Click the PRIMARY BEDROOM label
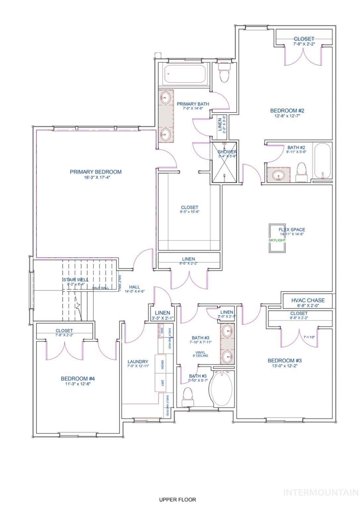pos(95,172)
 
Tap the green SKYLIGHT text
pos(277,240)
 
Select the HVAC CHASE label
pos(308,300)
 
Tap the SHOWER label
pos(227,152)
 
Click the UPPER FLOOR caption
pos(177,499)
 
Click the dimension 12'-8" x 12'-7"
pos(287,116)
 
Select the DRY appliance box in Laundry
pos(162,383)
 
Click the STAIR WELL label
pos(76,280)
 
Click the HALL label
pos(134,287)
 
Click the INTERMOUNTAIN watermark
pos(321,492)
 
